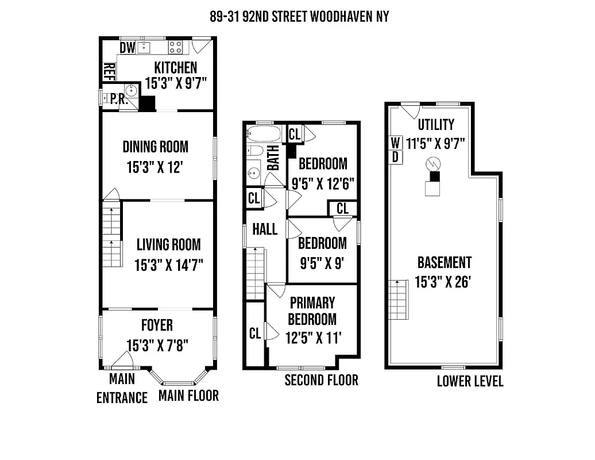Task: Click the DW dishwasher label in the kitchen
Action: coord(127,48)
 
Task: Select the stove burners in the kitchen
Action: coord(175,47)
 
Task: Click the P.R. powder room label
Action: coord(118,99)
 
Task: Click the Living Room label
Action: coord(168,244)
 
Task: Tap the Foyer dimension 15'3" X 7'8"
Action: coord(157,346)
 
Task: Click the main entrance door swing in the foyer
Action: coord(123,360)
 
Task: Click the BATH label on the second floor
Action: coord(273,157)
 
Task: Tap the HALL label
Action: coord(265,229)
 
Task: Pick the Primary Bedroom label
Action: coord(312,310)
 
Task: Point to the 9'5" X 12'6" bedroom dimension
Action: coord(323,182)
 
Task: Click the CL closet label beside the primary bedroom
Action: coord(255,333)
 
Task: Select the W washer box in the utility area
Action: coord(396,142)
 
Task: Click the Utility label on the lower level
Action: coord(436,124)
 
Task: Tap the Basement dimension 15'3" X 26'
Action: coord(444,282)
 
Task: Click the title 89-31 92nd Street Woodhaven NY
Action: coord(299,16)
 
